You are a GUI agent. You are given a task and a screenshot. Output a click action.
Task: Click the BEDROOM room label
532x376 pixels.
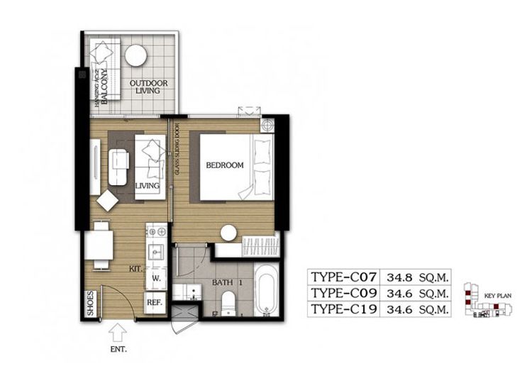pos(224,165)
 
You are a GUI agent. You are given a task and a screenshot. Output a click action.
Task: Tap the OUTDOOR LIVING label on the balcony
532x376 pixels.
pos(148,88)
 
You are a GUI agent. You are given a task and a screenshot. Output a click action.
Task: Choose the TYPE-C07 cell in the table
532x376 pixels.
pos(345,276)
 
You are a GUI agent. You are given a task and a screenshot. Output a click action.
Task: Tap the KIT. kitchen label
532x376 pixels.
pos(134,270)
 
